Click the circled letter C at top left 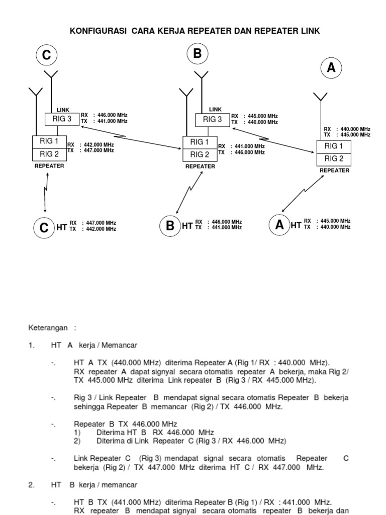(x=46, y=56)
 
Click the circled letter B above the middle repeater (x=197, y=54)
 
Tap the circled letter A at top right (x=331, y=68)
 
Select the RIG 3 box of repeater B (x=212, y=120)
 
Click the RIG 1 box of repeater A (x=334, y=146)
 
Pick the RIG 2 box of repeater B (x=200, y=154)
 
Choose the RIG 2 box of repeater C (x=49, y=154)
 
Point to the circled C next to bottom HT (x=44, y=227)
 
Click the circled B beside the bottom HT (x=170, y=226)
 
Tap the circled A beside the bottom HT (x=279, y=225)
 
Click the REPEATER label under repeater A (x=334, y=170)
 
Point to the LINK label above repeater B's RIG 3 (x=215, y=109)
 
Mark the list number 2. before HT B (x=32, y=485)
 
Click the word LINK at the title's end (x=310, y=31)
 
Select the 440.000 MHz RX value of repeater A (x=355, y=129)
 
